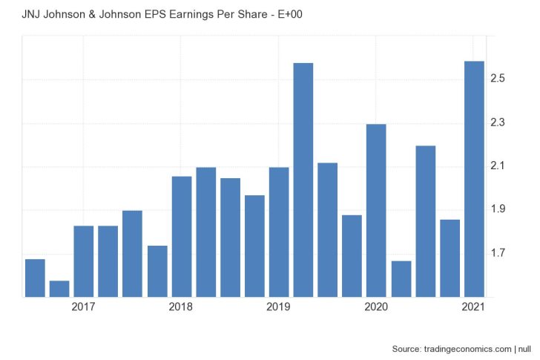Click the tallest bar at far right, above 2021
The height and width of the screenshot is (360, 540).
[474, 178]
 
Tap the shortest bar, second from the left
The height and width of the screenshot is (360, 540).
[59, 289]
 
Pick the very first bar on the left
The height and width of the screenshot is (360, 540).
[35, 278]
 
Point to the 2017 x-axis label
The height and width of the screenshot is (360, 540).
[83, 307]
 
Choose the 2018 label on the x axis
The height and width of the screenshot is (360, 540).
[181, 307]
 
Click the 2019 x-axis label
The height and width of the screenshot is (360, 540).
[278, 307]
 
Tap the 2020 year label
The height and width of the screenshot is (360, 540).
[376, 307]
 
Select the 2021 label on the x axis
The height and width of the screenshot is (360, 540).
[473, 307]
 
